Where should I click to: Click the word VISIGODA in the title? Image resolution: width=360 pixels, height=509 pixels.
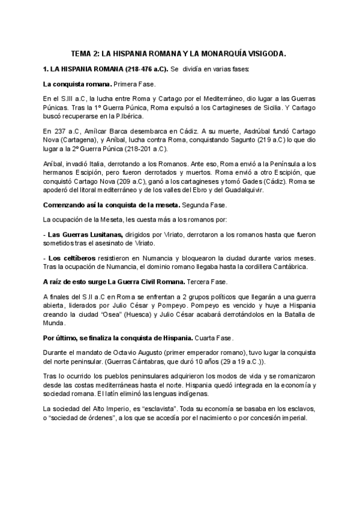pos(265,54)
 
